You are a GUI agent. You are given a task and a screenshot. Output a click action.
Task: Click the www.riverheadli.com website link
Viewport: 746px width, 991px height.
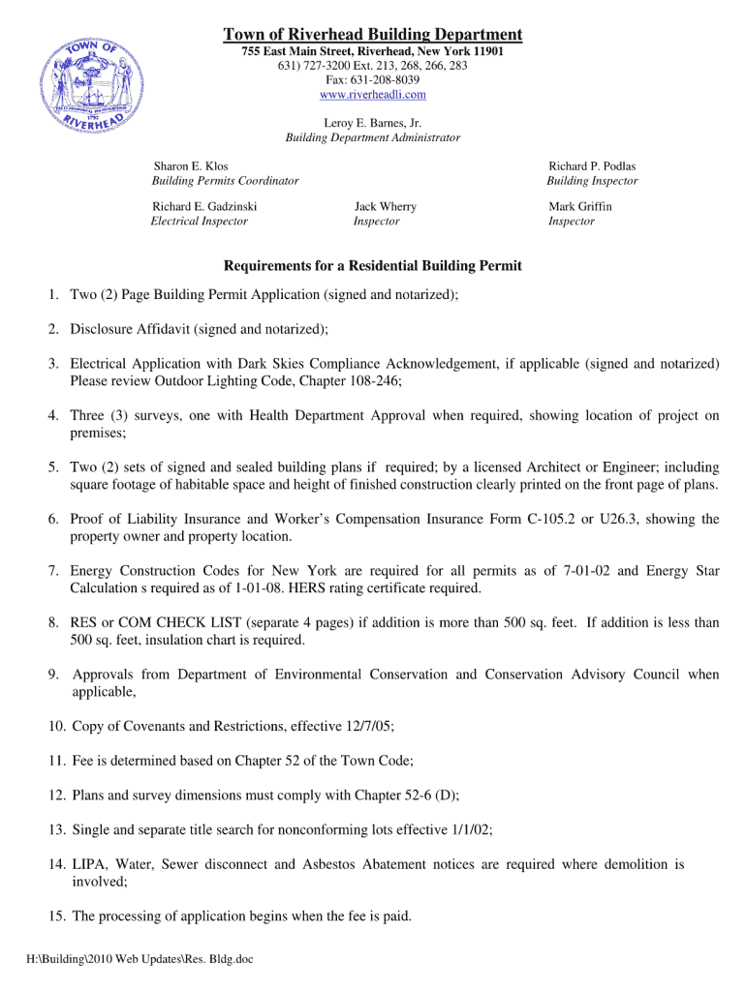(x=373, y=95)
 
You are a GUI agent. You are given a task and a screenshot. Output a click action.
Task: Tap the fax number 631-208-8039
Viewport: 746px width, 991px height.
(x=373, y=80)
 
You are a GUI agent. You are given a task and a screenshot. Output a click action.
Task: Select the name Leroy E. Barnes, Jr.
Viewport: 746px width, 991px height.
(x=373, y=123)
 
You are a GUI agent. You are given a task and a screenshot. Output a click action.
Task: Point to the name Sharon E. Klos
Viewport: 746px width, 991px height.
(x=191, y=166)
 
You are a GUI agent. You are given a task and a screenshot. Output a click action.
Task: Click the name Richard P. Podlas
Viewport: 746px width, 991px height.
(x=592, y=166)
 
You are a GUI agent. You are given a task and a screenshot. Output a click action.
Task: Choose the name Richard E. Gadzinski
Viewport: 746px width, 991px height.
(x=204, y=206)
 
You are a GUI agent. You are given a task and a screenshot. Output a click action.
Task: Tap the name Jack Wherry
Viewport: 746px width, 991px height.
(x=385, y=206)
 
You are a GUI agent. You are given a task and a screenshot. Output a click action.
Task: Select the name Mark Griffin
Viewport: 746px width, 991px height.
(x=580, y=206)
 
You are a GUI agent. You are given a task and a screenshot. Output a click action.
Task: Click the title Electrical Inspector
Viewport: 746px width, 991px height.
(x=200, y=221)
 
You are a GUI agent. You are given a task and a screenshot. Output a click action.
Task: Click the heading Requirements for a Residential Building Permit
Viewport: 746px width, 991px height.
(x=373, y=265)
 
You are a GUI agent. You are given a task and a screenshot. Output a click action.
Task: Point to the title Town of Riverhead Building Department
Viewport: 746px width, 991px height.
(x=373, y=35)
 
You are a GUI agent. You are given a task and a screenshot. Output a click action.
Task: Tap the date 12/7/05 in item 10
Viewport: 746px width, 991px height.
(x=368, y=726)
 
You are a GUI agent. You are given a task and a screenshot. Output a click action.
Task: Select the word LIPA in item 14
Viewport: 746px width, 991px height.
(x=90, y=864)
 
